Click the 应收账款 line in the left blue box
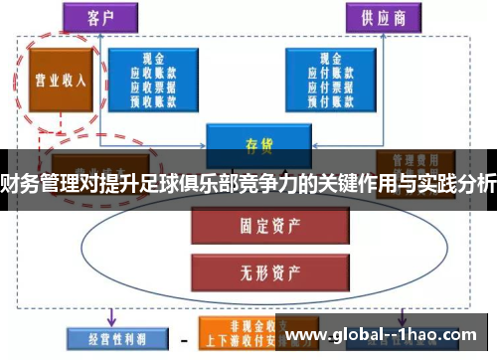coord(153,73)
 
